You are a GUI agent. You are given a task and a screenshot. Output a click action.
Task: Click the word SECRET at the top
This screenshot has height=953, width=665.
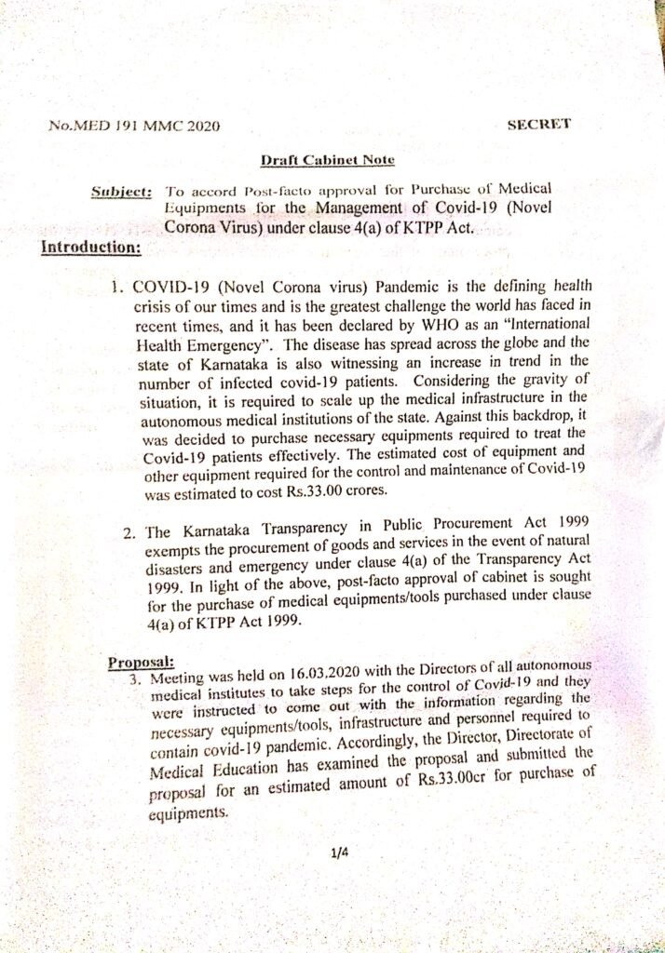[539, 123]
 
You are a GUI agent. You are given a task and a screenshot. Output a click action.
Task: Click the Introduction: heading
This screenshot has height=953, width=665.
[91, 248]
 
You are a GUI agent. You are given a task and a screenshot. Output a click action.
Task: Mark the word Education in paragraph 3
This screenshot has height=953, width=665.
[221, 773]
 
